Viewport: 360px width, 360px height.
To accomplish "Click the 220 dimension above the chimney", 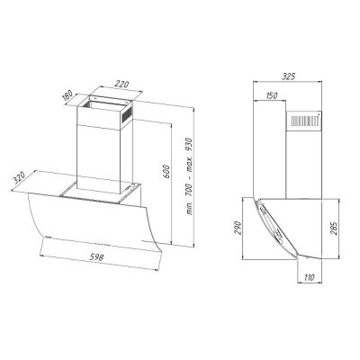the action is (x=121, y=84).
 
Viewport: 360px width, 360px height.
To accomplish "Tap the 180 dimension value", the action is (x=67, y=95).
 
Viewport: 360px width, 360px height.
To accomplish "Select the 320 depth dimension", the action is (x=19, y=178).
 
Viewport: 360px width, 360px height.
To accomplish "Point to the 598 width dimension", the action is (x=96, y=256).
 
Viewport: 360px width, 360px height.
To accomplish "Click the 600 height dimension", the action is (x=167, y=171).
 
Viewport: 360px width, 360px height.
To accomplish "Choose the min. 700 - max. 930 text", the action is (x=190, y=175).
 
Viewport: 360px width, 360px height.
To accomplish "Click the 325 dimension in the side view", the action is (x=288, y=76).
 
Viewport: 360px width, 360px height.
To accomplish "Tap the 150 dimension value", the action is (x=271, y=95).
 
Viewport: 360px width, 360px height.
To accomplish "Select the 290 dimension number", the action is (x=238, y=228).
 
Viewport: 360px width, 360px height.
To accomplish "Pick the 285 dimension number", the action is (x=333, y=229).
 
